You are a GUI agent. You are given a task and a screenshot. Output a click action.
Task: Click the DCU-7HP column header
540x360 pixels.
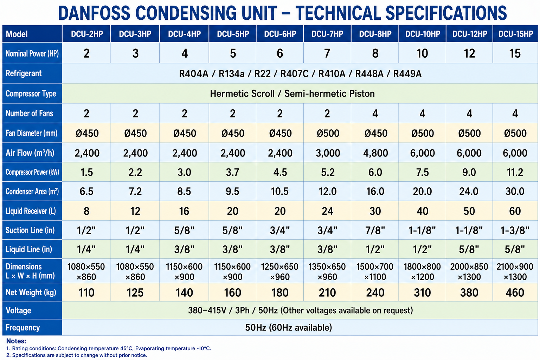click(327, 34)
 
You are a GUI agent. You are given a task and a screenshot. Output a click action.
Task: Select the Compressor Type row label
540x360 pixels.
click(31, 94)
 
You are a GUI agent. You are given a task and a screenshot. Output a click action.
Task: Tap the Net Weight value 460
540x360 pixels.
click(515, 292)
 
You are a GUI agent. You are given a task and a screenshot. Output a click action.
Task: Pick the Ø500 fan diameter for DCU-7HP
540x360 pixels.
click(328, 133)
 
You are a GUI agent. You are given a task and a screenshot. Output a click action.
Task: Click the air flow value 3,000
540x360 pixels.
click(328, 153)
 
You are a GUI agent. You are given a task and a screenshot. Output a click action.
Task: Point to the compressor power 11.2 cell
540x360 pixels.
click(515, 172)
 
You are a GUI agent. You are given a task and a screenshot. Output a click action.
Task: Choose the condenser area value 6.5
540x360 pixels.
click(86, 192)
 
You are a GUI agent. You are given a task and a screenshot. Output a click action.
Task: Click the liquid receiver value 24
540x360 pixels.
click(327, 211)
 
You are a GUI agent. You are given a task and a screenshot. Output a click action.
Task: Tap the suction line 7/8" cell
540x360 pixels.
click(375, 230)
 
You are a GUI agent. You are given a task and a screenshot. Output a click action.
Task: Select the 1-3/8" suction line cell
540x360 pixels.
click(515, 230)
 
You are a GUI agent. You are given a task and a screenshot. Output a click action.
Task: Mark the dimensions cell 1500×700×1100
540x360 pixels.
click(375, 271)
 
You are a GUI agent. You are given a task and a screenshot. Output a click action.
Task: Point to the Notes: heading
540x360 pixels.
click(16, 341)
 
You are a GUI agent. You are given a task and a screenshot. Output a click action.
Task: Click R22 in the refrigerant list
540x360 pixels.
click(263, 74)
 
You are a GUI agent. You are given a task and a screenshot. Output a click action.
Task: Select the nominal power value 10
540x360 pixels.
click(422, 53)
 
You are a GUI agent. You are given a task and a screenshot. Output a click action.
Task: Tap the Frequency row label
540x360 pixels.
click(22, 327)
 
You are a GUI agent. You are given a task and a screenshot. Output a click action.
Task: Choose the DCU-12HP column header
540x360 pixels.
click(470, 34)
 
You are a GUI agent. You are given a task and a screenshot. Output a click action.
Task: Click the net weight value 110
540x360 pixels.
click(86, 292)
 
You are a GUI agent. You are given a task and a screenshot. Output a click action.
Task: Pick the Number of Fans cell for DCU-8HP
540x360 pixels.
click(375, 113)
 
